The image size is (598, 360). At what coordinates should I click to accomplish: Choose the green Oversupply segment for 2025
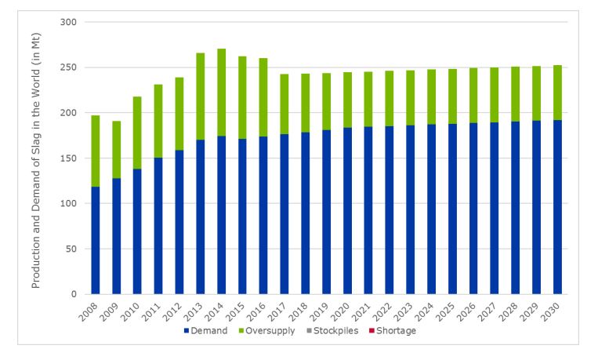tap(452, 96)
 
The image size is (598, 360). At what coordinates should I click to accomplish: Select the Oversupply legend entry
tap(269, 331)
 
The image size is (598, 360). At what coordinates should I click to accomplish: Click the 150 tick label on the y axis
tap(68, 158)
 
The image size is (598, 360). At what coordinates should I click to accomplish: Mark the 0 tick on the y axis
tap(74, 294)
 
